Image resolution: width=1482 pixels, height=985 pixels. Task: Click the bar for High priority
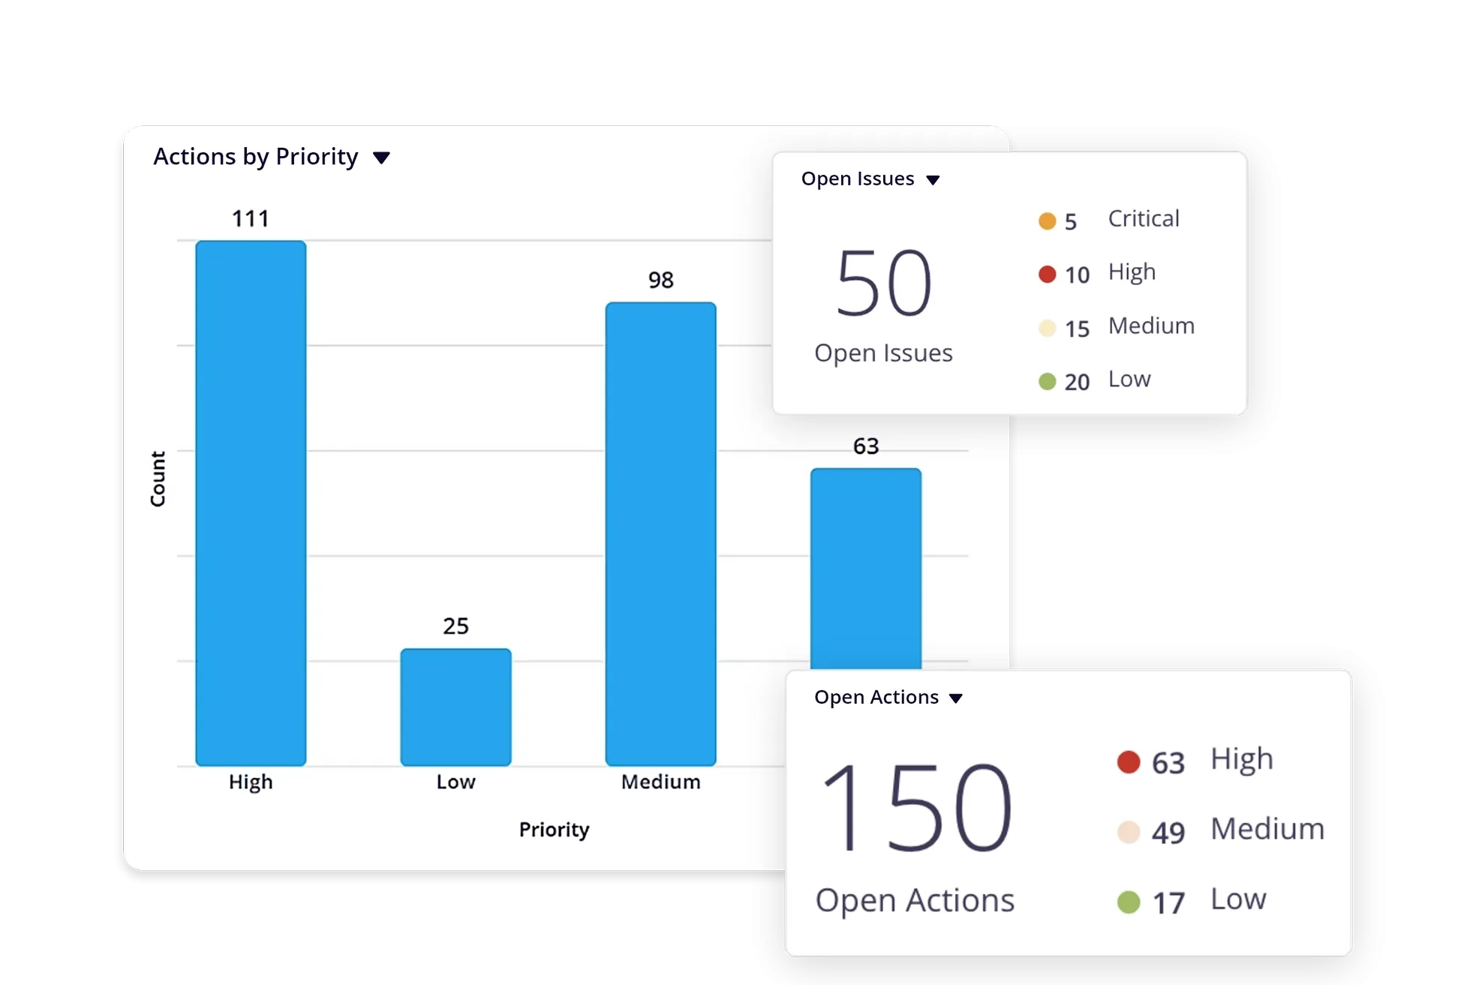click(x=251, y=503)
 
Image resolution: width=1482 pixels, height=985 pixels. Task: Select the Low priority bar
click(x=455, y=707)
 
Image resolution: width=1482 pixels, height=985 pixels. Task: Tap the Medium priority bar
click(x=660, y=533)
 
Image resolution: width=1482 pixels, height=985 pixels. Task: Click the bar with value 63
click(x=865, y=568)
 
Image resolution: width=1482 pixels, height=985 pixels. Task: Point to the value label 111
click(x=250, y=219)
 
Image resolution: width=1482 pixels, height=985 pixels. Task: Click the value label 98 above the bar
click(x=660, y=281)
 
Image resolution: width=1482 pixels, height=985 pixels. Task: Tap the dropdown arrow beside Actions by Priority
click(x=381, y=158)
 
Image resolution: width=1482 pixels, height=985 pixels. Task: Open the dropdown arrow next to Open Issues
click(x=933, y=180)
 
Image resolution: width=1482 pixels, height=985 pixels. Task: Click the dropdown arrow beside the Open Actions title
click(x=955, y=698)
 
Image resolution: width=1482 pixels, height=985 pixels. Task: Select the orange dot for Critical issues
click(x=1047, y=221)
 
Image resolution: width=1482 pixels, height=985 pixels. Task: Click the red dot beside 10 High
click(x=1047, y=275)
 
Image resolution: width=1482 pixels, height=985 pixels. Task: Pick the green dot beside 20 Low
click(x=1047, y=382)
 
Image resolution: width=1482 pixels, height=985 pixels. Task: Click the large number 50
click(x=883, y=284)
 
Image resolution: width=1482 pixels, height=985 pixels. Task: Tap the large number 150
click(x=916, y=808)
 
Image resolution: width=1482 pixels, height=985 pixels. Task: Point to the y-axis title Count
click(x=158, y=479)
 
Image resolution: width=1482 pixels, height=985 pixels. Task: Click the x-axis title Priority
click(x=554, y=830)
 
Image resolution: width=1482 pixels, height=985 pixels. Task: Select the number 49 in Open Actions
click(x=1168, y=833)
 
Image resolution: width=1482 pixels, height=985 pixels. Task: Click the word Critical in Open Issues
click(x=1144, y=218)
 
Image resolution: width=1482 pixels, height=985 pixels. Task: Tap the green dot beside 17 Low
click(x=1128, y=902)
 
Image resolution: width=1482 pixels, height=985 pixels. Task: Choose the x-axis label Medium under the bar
click(x=660, y=782)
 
